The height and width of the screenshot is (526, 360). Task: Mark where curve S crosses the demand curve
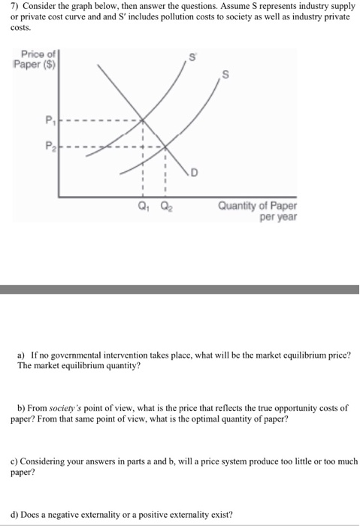point(166,146)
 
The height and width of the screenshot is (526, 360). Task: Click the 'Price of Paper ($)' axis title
point(36,60)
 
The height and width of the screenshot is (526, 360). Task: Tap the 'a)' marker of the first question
point(22,354)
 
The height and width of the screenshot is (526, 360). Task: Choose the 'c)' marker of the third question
point(14,461)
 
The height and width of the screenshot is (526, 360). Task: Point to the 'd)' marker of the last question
point(14,515)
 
